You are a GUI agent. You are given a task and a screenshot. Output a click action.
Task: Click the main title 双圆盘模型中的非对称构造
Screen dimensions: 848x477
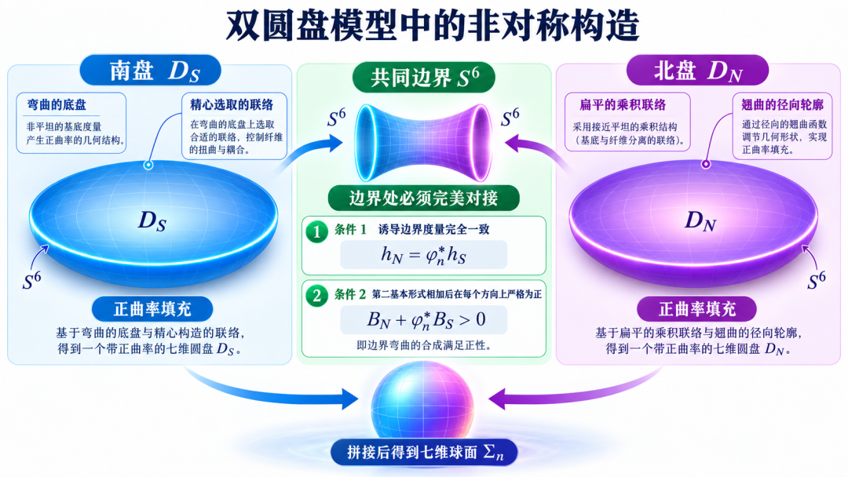point(432,25)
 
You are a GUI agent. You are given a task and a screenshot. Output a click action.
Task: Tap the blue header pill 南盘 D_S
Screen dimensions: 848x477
point(151,71)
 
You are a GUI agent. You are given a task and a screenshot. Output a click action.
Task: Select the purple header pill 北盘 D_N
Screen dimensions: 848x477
point(697,71)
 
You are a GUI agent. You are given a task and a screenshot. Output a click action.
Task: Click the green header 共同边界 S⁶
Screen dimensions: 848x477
point(424,77)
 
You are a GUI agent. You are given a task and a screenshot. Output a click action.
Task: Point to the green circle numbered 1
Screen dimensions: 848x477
point(317,231)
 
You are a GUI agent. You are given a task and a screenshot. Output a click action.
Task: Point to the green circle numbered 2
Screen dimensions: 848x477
point(317,296)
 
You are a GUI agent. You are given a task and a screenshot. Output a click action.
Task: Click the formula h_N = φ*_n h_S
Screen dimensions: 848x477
point(423,254)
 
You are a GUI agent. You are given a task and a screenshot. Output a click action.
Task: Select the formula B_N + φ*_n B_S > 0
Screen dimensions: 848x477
point(426,320)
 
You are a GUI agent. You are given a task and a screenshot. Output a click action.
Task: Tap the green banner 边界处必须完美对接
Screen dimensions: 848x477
point(423,198)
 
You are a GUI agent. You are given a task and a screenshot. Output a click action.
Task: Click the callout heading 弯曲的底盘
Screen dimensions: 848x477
point(57,105)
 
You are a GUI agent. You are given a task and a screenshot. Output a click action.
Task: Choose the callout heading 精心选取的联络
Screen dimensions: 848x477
point(232,105)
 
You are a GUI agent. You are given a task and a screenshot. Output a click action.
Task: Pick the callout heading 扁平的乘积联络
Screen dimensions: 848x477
point(623,105)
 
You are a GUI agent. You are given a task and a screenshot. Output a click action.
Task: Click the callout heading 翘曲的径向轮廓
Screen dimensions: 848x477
point(783,105)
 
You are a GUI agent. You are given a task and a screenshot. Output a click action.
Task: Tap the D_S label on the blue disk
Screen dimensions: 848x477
point(152,221)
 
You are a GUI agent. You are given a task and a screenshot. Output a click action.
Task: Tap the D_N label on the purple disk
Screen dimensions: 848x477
point(700,221)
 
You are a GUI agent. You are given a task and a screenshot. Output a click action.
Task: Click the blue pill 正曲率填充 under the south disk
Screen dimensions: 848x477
point(152,309)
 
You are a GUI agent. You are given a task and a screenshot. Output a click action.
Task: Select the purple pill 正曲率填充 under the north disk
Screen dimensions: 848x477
point(697,309)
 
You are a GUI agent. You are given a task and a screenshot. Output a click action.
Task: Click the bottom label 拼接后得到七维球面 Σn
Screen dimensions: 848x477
point(425,452)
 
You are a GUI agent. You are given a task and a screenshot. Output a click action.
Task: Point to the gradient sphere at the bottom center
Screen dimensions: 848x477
point(422,401)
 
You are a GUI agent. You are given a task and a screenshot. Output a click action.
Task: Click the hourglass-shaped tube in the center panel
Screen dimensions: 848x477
point(423,143)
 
